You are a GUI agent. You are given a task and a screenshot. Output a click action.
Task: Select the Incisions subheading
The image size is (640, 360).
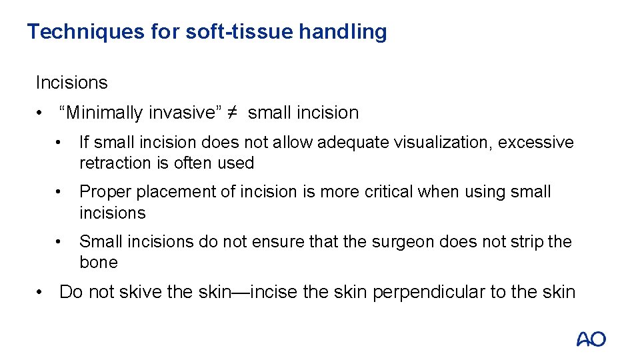(71, 83)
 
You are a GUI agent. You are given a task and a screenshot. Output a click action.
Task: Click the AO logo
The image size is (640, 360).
(591, 339)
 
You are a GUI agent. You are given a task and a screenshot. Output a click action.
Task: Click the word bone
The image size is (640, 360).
(99, 262)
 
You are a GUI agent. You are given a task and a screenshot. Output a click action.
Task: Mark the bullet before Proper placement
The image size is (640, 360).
(59, 192)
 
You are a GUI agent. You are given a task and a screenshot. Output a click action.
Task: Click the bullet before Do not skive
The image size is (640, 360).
(41, 292)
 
